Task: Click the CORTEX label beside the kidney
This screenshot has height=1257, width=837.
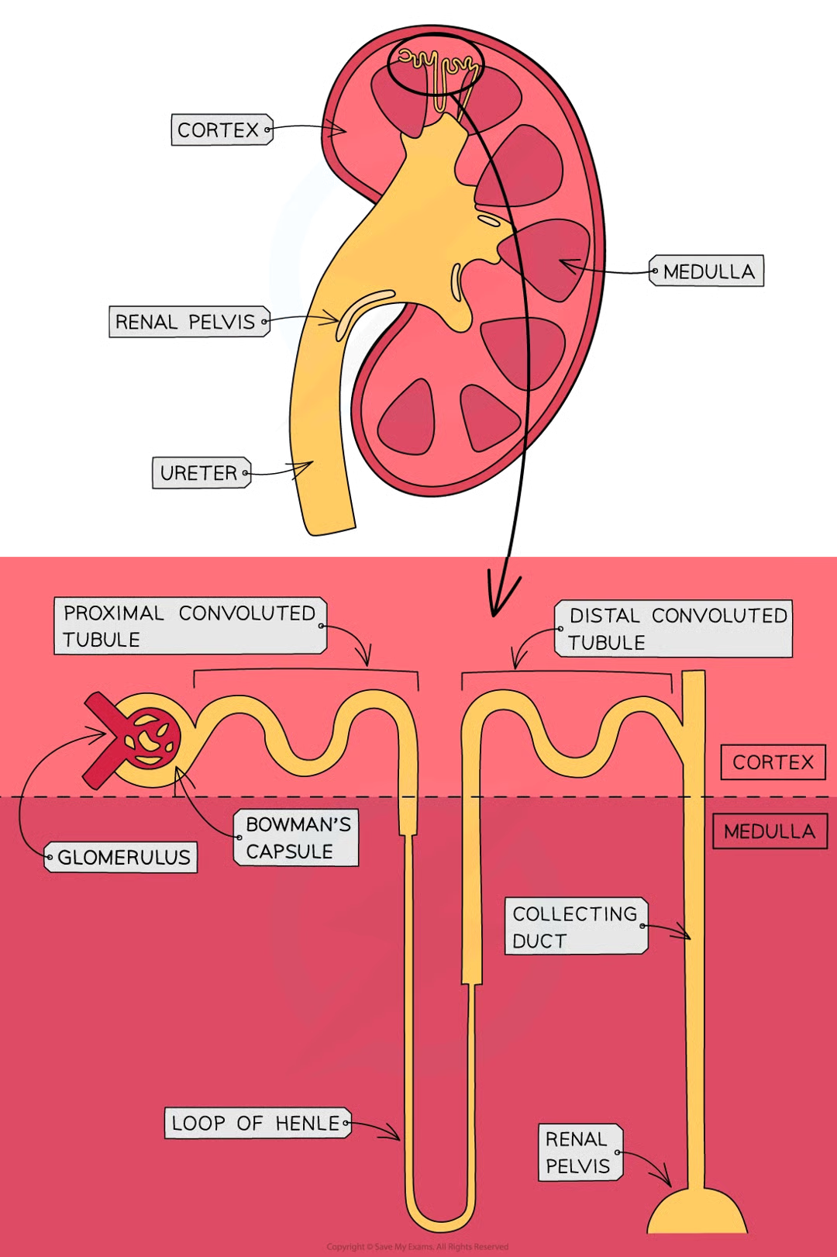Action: [x=218, y=130]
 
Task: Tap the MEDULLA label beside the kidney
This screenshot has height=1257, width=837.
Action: [x=708, y=271]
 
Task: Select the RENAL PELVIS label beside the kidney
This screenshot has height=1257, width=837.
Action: [x=185, y=322]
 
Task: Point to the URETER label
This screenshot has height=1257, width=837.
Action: [x=199, y=472]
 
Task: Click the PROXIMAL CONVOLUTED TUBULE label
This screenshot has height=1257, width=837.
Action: [x=190, y=626]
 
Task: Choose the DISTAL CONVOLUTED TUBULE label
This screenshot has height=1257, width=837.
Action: [x=673, y=629]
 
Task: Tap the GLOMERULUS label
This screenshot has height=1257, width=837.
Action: [x=122, y=857]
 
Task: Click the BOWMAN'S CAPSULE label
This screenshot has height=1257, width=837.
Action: [x=297, y=837]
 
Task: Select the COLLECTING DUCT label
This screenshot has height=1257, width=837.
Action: [x=576, y=927]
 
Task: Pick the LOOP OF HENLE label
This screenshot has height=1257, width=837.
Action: [x=257, y=1123]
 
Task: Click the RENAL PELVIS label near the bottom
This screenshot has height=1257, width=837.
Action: [x=578, y=1152]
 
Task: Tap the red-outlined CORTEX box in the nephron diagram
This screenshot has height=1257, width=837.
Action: [x=773, y=762]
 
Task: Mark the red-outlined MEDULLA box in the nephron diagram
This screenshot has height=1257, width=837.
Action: [x=770, y=831]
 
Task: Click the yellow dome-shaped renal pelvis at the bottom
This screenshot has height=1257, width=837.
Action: [x=697, y=1214]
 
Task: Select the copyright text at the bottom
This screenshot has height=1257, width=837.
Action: [x=418, y=1247]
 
